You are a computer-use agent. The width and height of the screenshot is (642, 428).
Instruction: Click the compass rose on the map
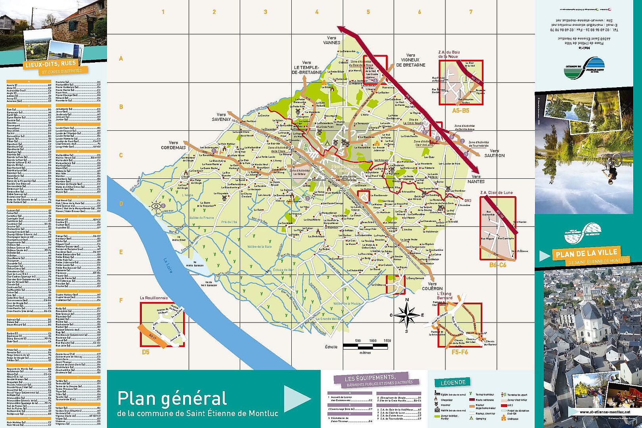pyautogui.click(x=407, y=315)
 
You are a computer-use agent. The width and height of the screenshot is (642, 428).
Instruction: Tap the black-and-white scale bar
pyautogui.click(x=365, y=347)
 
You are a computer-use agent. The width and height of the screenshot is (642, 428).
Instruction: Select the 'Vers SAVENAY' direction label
pyautogui.click(x=221, y=117)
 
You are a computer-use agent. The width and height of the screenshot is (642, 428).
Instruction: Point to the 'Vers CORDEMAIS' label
pyautogui.click(x=173, y=145)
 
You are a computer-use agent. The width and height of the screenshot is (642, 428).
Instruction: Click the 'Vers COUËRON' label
pyautogui.click(x=432, y=286)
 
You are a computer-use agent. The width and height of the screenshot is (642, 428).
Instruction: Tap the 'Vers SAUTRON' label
pyautogui.click(x=494, y=153)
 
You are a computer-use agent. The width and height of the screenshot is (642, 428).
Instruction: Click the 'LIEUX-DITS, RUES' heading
pyautogui.click(x=50, y=64)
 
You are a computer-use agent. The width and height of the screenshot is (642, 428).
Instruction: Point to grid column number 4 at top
pyautogui.click(x=317, y=12)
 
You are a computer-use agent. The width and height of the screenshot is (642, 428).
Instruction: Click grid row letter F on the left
pyautogui.click(x=121, y=300)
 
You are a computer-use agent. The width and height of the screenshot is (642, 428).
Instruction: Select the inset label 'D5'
pyautogui.click(x=146, y=352)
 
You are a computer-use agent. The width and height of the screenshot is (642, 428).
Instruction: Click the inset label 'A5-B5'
pyautogui.click(x=460, y=111)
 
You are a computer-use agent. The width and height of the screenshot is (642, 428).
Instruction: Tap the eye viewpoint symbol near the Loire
pyautogui.click(x=156, y=206)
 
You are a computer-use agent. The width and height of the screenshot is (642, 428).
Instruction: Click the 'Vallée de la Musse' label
pyautogui.click(x=347, y=303)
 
